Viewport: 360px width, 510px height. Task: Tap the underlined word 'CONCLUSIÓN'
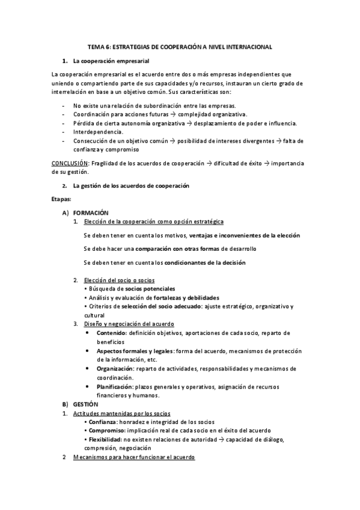[x=69, y=164]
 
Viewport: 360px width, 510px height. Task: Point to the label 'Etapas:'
[x=62, y=198]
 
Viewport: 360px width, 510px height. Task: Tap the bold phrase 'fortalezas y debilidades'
[x=186, y=298]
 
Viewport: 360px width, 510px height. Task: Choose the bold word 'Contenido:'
[x=111, y=333]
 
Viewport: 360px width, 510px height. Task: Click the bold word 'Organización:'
[x=115, y=368]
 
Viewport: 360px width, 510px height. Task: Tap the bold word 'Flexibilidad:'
[x=106, y=440]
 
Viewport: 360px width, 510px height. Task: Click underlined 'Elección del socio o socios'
[x=120, y=280]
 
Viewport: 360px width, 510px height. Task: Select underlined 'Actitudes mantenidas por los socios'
[x=121, y=414]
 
